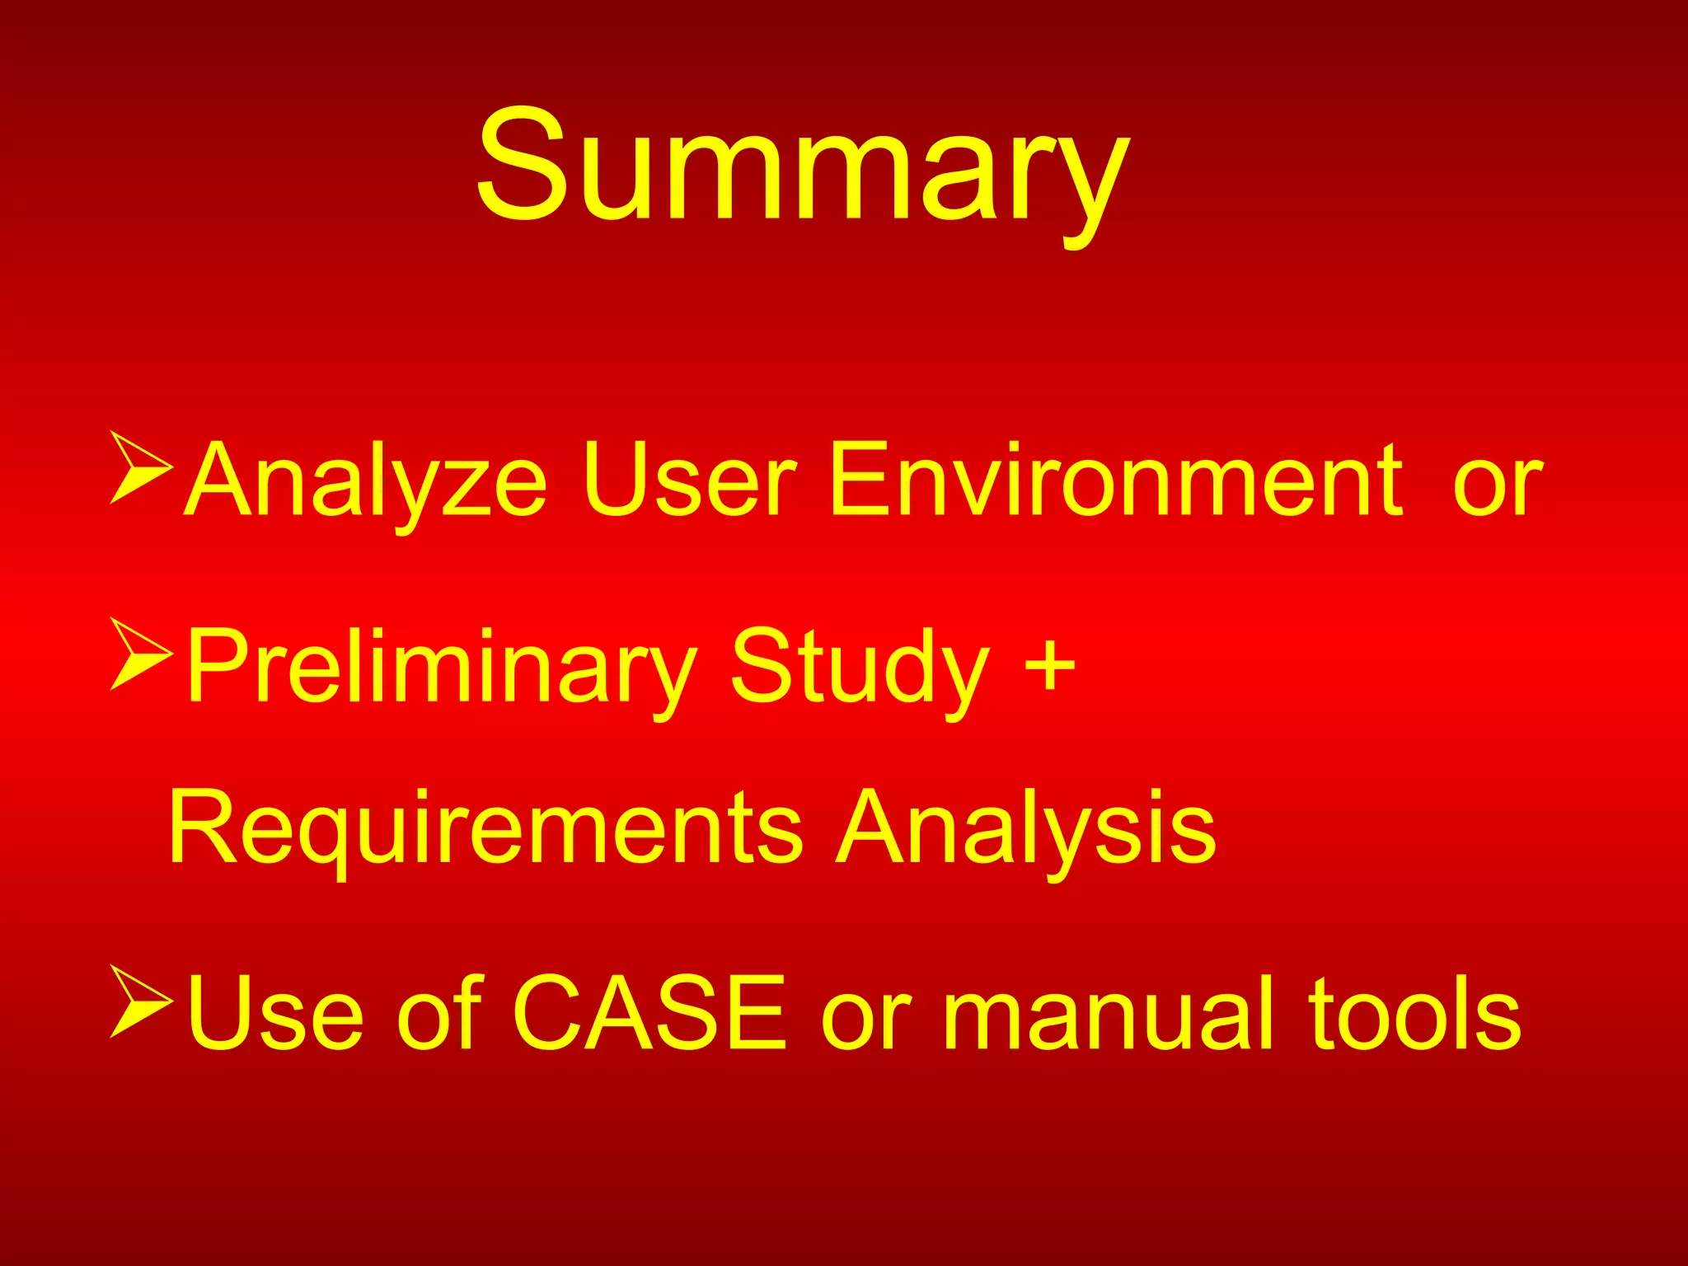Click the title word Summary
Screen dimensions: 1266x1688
[x=804, y=169]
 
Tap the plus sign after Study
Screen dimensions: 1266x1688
[x=1049, y=664]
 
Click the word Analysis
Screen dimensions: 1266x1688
[x=1025, y=828]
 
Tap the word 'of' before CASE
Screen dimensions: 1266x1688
[x=440, y=1014]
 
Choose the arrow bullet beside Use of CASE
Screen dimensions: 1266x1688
[x=140, y=1001]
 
